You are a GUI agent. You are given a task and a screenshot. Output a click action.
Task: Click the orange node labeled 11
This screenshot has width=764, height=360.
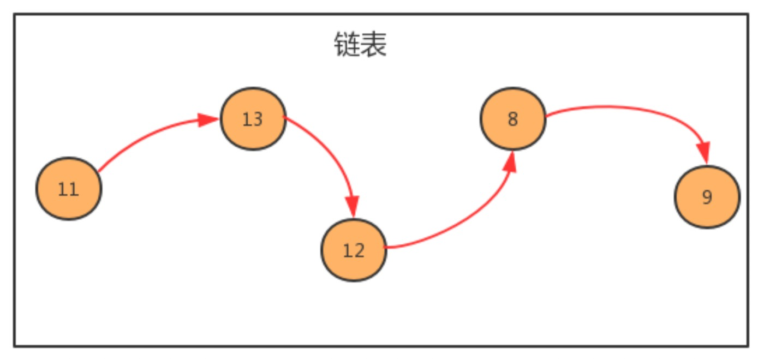tap(69, 189)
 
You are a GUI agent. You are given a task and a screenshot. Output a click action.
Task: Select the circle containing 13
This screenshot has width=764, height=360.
tap(253, 119)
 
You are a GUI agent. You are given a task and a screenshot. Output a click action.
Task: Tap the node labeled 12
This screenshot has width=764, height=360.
tap(354, 250)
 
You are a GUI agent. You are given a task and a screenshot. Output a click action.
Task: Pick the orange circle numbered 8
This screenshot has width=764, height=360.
tap(513, 119)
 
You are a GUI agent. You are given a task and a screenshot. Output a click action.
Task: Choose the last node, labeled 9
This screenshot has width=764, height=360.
tap(707, 197)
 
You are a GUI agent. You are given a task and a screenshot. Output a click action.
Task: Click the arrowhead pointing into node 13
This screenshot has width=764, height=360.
tap(207, 120)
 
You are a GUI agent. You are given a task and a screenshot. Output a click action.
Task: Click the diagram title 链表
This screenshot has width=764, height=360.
tap(360, 45)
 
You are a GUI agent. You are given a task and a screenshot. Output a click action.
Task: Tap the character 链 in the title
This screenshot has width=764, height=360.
tap(347, 45)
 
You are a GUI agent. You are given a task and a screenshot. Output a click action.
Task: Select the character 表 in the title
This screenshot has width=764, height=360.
tap(374, 45)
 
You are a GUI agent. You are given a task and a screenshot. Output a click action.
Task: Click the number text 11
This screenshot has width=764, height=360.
tap(68, 189)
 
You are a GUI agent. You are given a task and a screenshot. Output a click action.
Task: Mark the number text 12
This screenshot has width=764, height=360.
tap(354, 250)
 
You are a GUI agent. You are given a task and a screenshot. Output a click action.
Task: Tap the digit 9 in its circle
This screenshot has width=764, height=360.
tap(707, 197)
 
